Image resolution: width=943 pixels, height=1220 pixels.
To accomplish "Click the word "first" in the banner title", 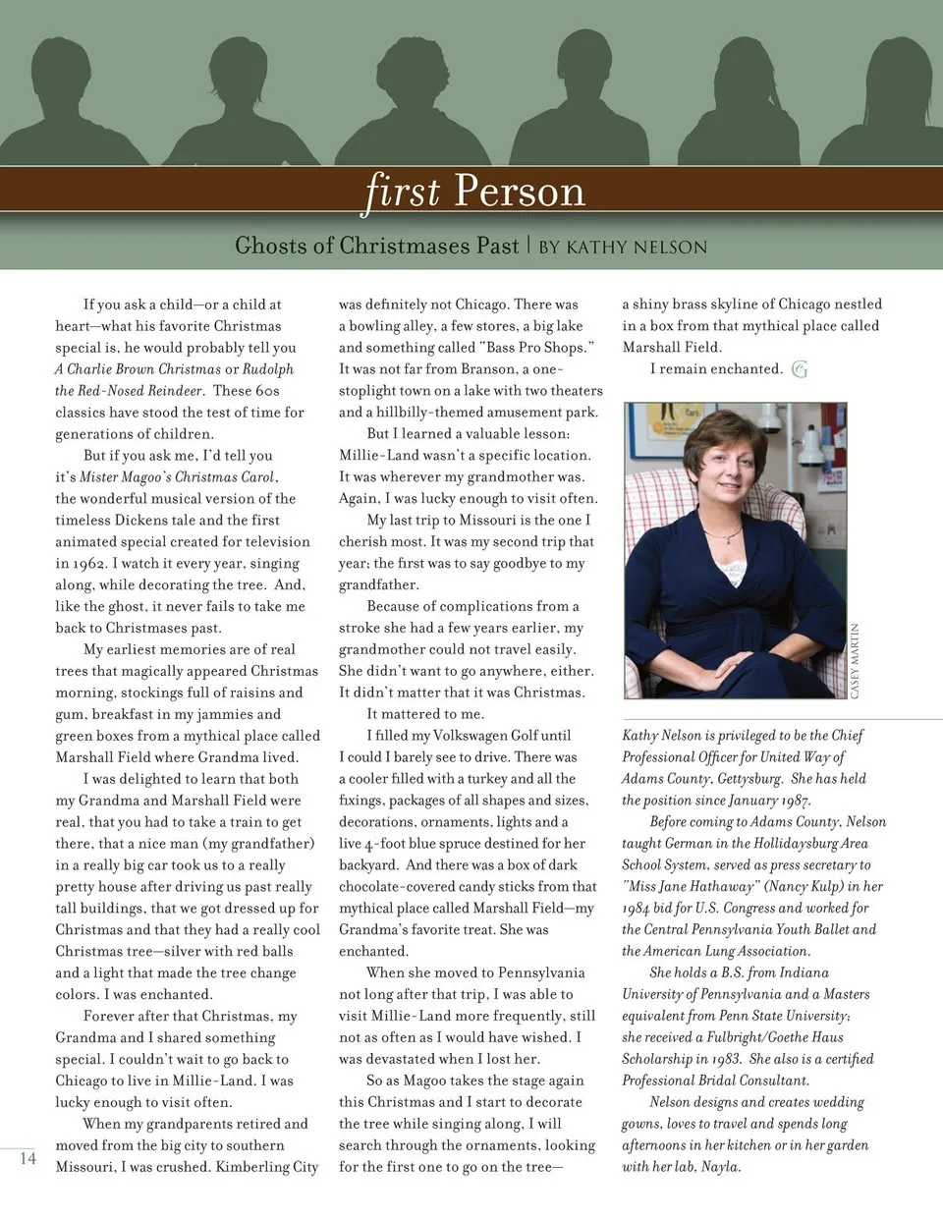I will pyautogui.click(x=403, y=191).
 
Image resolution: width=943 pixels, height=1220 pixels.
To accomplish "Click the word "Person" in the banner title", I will pyautogui.click(x=520, y=191).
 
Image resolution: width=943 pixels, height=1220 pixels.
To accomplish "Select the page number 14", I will pyautogui.click(x=28, y=1158).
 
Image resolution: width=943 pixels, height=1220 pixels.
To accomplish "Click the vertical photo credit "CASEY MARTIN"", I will pyautogui.click(x=855, y=660).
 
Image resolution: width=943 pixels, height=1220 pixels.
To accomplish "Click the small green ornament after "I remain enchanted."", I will pyautogui.click(x=800, y=369).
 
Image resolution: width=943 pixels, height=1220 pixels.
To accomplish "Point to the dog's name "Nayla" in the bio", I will pyautogui.click(x=721, y=1167).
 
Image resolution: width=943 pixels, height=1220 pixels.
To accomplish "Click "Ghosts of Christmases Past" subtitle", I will pyautogui.click(x=376, y=246).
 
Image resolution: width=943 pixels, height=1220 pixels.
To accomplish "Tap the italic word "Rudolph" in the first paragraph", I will pyautogui.click(x=268, y=369).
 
